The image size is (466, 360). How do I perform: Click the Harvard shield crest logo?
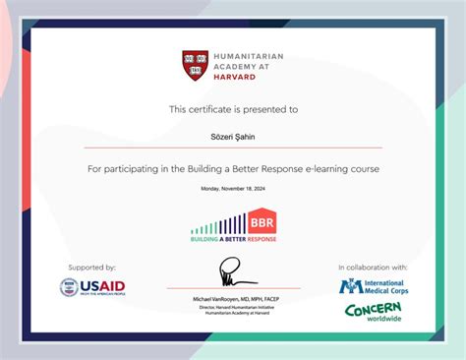point(195,66)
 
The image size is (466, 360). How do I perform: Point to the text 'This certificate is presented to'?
point(233,110)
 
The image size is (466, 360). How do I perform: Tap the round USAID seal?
point(69,288)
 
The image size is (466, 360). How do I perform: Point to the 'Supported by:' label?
point(92,267)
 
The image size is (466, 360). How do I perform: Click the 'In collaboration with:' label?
point(373,267)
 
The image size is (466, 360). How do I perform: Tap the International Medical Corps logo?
point(373,286)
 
